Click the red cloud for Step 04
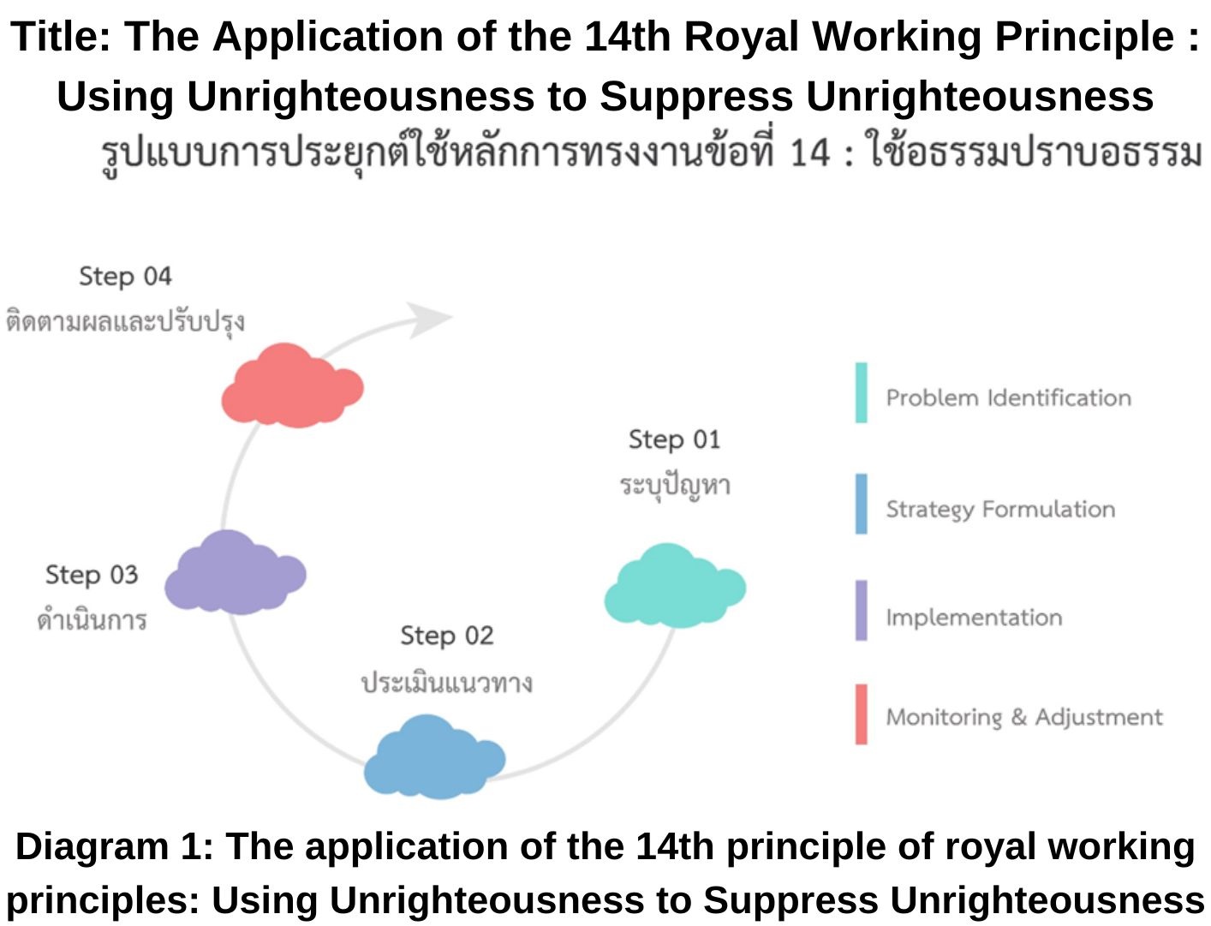click(292, 385)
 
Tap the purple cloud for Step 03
click(236, 573)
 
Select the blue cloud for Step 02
click(435, 757)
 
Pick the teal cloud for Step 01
click(675, 586)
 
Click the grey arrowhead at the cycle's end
click(429, 320)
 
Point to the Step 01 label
click(675, 440)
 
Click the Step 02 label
click(447, 636)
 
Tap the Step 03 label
click(92, 575)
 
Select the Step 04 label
click(125, 277)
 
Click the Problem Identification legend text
click(1009, 397)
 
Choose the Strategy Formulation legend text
click(1001, 510)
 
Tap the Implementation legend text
click(975, 618)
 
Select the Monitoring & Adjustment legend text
click(1024, 717)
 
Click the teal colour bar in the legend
click(862, 393)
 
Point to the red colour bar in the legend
click(862, 714)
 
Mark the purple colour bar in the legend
click(862, 611)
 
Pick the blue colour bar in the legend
click(862, 504)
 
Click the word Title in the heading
click(60, 37)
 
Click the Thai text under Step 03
click(92, 619)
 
